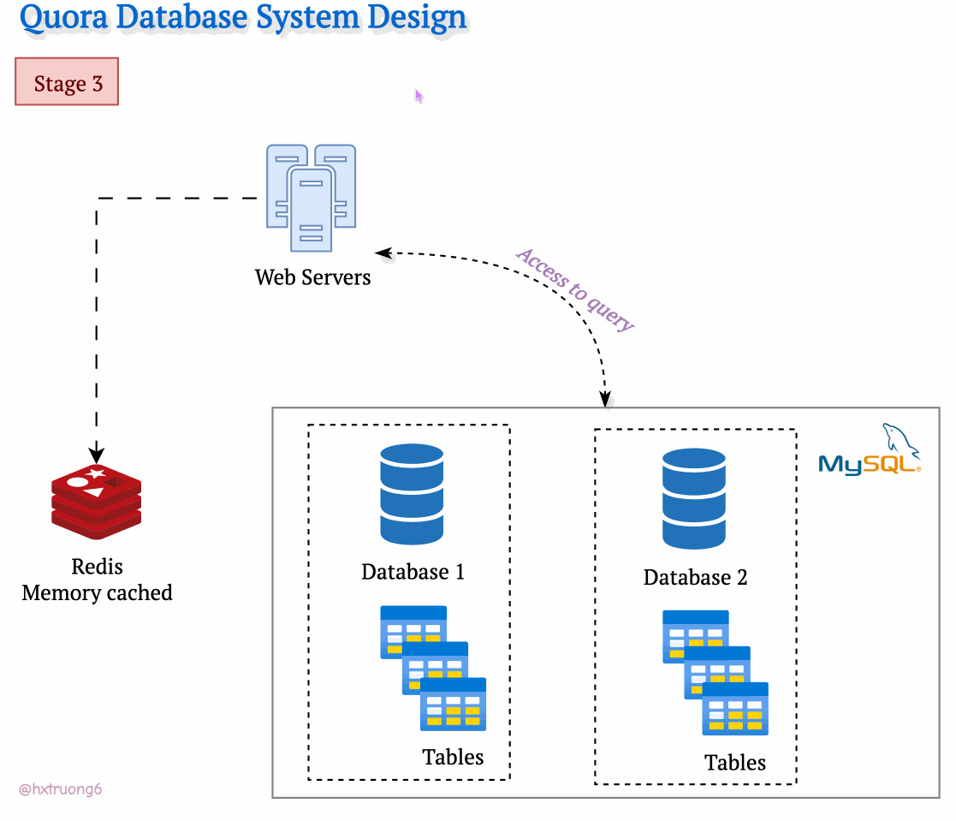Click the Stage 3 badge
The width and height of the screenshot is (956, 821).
click(67, 82)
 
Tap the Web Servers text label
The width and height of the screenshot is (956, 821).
click(312, 277)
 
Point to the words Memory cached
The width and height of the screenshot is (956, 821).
click(97, 592)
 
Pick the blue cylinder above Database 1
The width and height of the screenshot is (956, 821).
click(412, 494)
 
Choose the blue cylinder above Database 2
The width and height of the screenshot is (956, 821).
click(694, 500)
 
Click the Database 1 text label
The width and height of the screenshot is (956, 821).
click(413, 572)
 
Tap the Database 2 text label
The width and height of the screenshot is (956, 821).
click(695, 578)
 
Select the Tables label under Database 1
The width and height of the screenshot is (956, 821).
click(453, 757)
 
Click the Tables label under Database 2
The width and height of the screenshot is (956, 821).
click(735, 762)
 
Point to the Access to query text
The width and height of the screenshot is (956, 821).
click(576, 289)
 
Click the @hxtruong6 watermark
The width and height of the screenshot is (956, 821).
click(60, 789)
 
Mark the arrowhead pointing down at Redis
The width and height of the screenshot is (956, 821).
click(97, 453)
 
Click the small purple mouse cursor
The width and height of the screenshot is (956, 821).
click(419, 96)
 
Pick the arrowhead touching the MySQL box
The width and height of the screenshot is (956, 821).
click(605, 399)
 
